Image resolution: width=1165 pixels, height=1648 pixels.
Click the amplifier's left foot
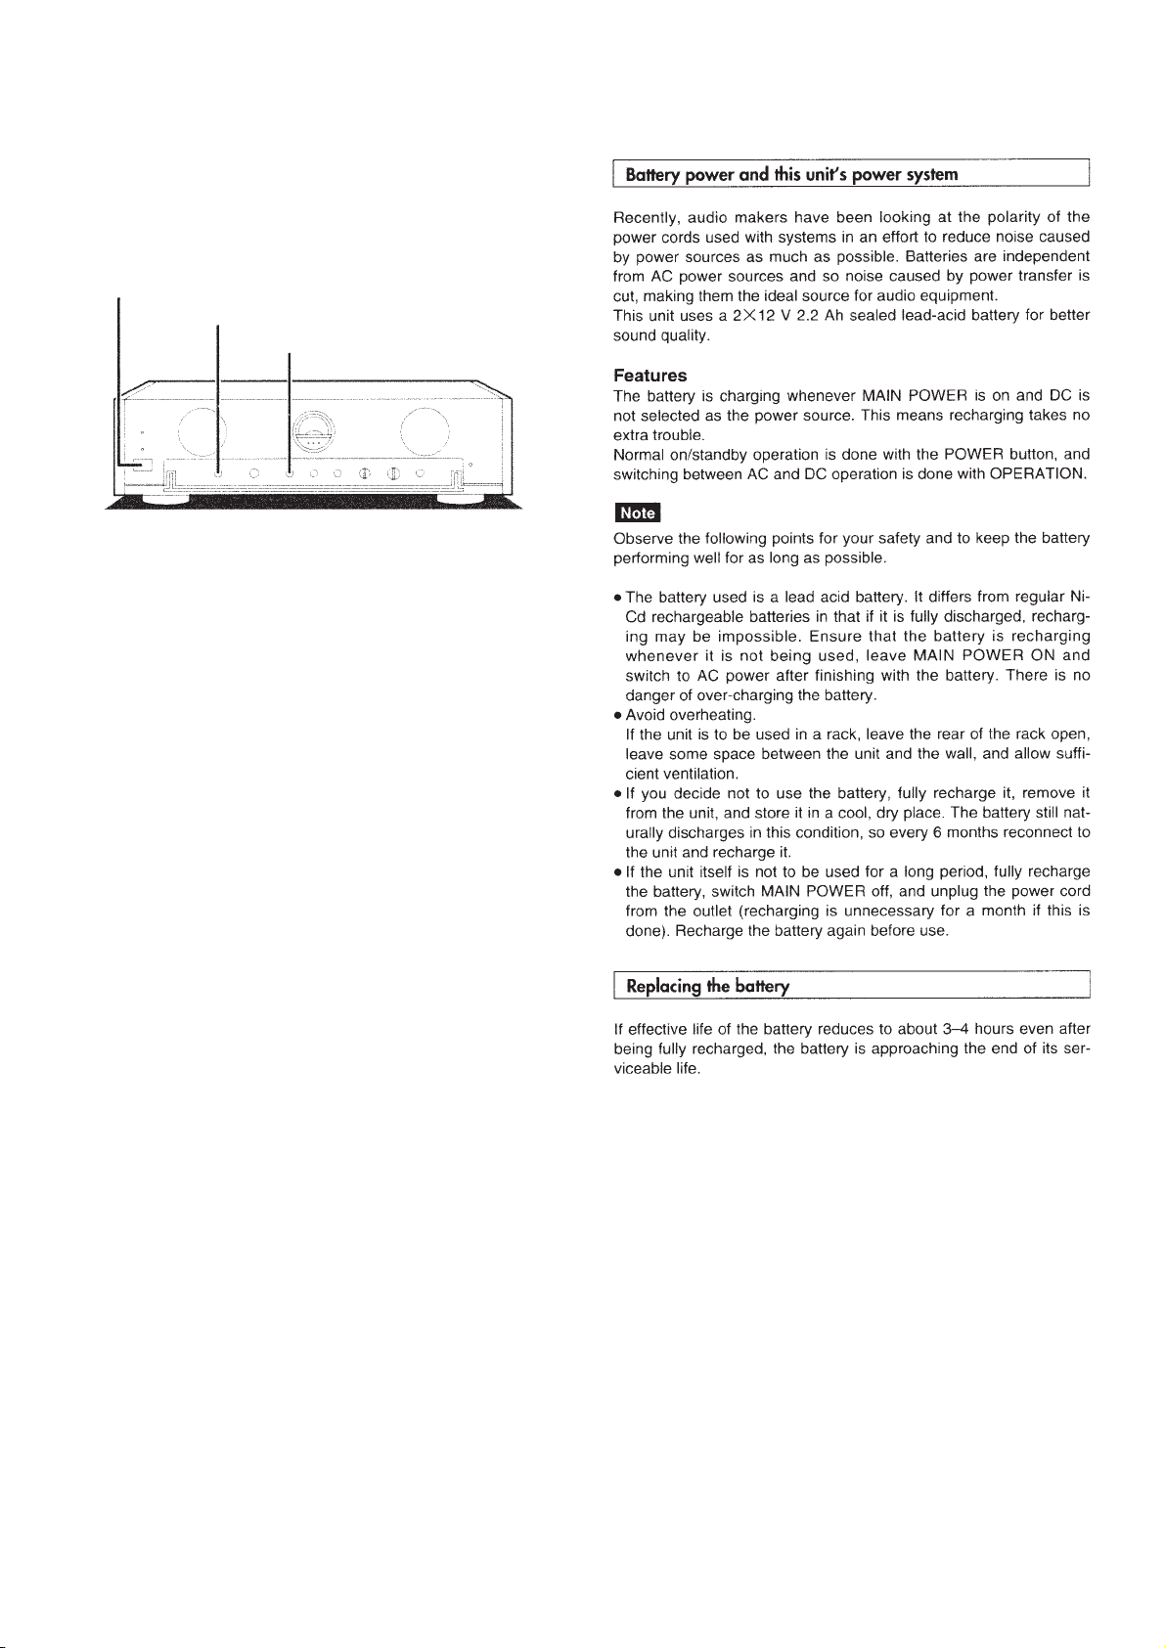168,496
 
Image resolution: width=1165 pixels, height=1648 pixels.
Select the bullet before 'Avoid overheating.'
617,715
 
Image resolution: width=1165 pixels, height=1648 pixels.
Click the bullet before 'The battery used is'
617,598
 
